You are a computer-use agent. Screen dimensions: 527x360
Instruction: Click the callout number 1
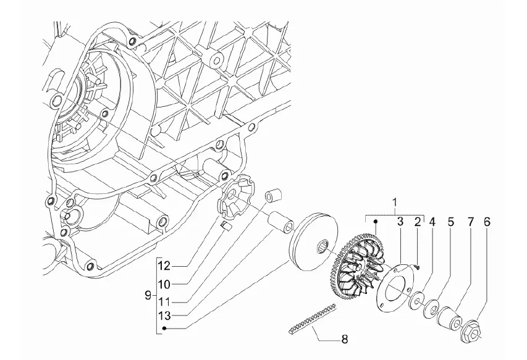coord(395,203)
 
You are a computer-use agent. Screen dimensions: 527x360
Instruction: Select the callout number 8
coord(344,339)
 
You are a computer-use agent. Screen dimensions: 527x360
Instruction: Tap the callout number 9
coord(148,296)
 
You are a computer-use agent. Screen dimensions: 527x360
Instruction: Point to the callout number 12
coord(165,266)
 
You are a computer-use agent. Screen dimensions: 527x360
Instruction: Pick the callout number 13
coord(165,316)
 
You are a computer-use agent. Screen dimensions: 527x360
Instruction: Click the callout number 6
coord(487,222)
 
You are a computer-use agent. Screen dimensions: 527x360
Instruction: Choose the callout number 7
coord(470,222)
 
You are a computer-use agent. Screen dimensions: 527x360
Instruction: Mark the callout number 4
coord(432,222)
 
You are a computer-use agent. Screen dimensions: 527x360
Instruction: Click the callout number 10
coord(165,285)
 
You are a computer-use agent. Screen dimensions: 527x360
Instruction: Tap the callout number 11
coord(165,301)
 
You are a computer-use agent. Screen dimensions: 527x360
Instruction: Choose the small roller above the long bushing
coord(273,196)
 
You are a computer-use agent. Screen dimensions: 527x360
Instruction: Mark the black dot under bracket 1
coord(376,221)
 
